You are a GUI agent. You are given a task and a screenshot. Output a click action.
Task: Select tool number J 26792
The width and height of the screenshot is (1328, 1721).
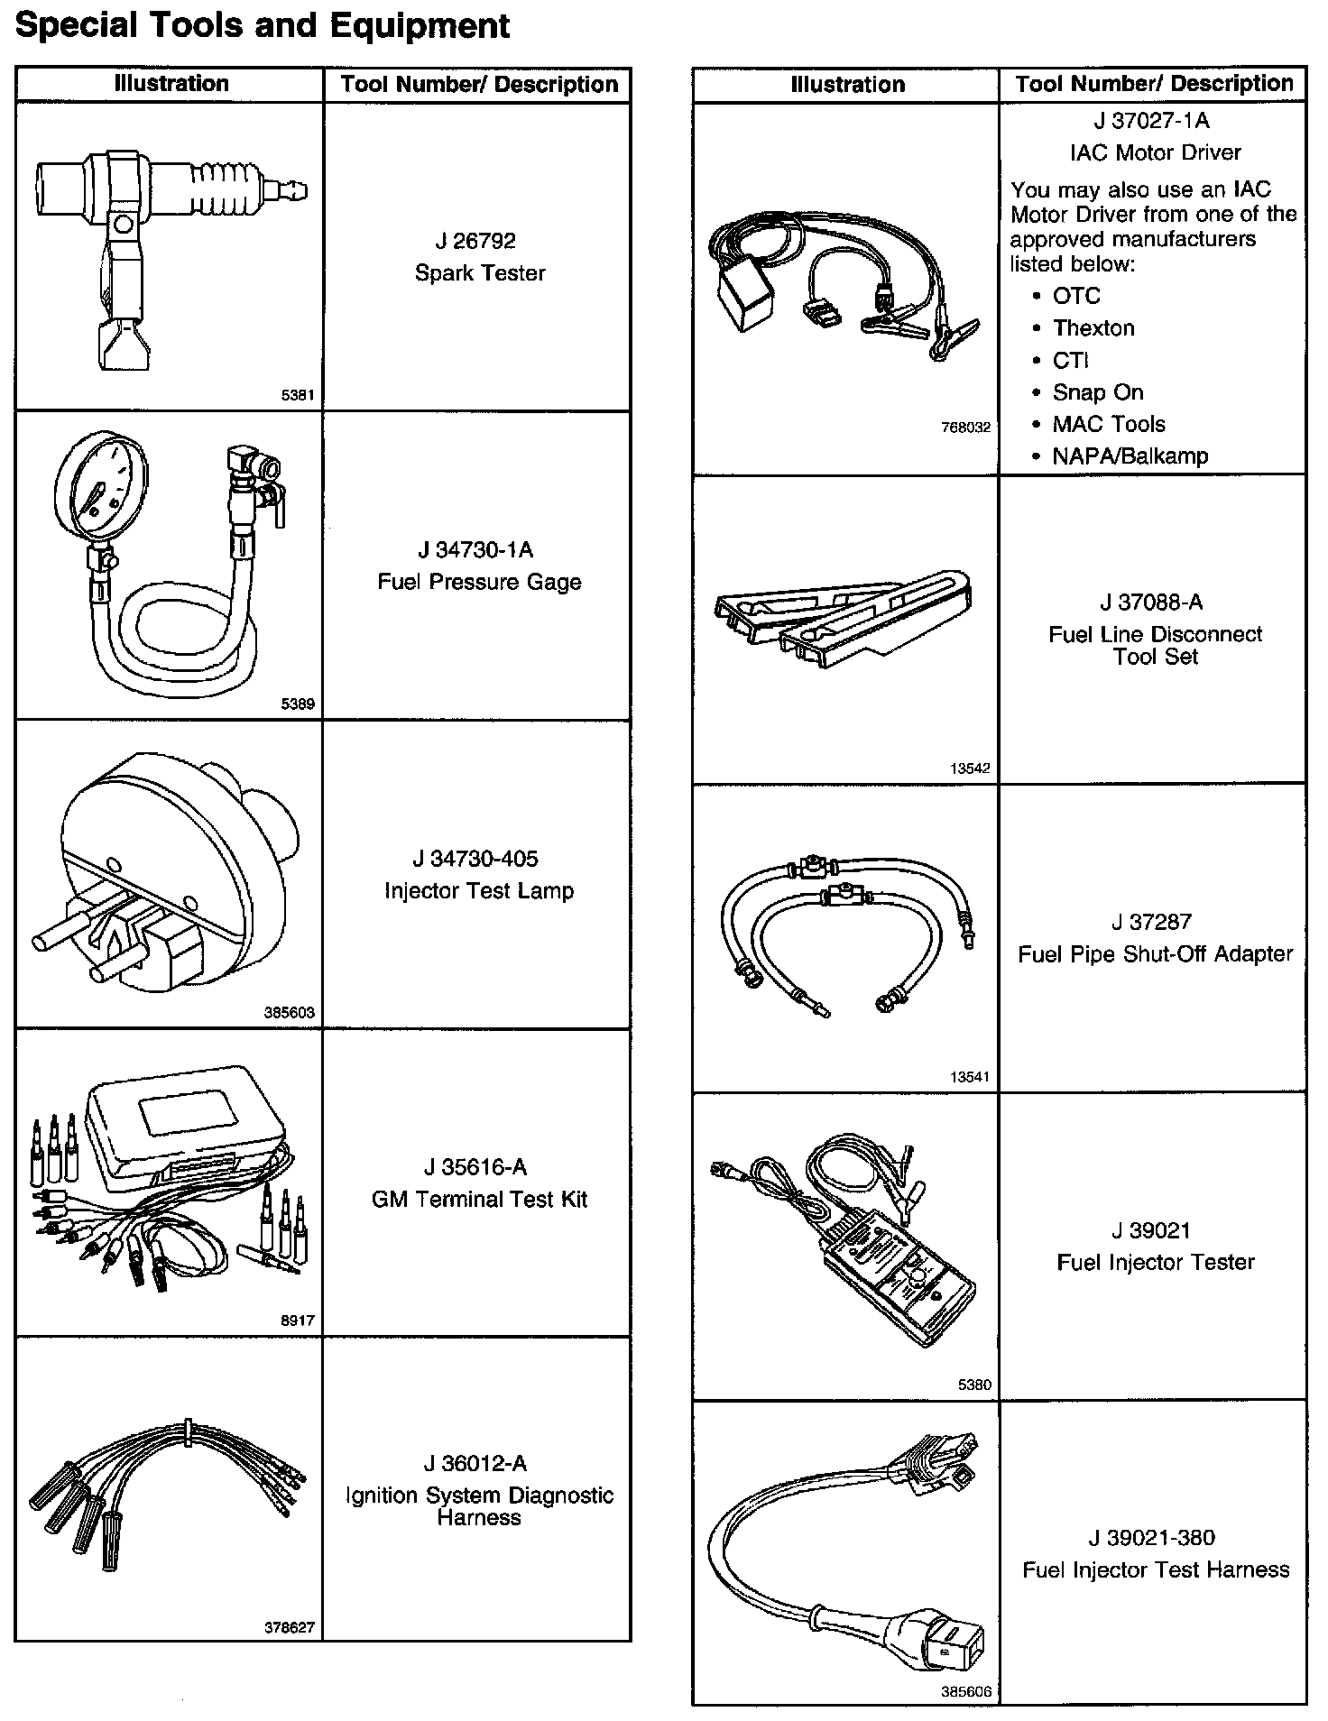[x=475, y=241]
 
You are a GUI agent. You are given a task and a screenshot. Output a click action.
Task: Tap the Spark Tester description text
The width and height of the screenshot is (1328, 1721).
[x=480, y=272]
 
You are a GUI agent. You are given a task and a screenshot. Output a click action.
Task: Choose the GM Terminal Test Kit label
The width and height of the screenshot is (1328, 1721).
[x=479, y=1199]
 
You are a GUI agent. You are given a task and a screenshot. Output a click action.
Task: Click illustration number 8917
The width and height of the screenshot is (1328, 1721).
[x=298, y=1321]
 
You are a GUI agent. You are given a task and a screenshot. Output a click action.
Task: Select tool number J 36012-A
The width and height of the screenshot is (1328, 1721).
[x=475, y=1463]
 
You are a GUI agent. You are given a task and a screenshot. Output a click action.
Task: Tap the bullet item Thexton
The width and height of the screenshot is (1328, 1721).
[x=1093, y=328]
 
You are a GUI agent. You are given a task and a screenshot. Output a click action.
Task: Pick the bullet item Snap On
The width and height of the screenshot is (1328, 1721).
[x=1098, y=392]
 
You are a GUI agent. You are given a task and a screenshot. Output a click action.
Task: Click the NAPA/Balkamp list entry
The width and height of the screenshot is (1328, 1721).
[x=1130, y=456]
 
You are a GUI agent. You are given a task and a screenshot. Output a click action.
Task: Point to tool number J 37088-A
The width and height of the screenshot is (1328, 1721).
[x=1151, y=603]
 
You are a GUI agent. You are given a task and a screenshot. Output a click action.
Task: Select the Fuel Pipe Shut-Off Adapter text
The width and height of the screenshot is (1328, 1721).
[x=1155, y=954]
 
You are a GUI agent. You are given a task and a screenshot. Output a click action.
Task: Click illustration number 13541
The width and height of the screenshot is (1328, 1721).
[x=970, y=1077]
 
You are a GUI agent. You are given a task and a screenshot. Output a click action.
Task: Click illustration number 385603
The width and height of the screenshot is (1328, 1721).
[x=289, y=1013]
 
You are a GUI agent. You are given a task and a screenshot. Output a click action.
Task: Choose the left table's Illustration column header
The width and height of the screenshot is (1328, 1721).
[x=171, y=84]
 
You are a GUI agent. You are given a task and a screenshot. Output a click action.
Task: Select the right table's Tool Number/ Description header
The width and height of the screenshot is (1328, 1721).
[x=1154, y=84]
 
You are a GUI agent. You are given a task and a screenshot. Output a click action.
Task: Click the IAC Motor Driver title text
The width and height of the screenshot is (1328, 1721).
[x=1155, y=152]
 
